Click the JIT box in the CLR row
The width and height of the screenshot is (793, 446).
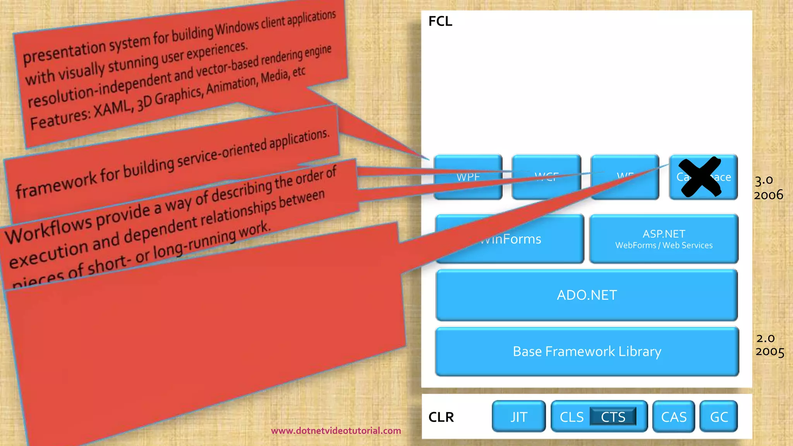(x=518, y=417)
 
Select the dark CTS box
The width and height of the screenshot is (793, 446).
(x=613, y=417)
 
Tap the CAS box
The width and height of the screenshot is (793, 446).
(x=674, y=417)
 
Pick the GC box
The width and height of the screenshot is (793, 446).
(x=719, y=417)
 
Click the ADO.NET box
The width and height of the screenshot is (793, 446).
(x=587, y=295)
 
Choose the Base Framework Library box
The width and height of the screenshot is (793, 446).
(x=587, y=352)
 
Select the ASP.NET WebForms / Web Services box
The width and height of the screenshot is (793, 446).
(x=664, y=239)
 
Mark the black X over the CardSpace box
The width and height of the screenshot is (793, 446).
(x=700, y=177)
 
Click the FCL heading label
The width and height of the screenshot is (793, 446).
(x=440, y=21)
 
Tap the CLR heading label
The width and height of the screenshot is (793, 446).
(x=441, y=417)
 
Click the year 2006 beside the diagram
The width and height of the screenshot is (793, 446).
(x=768, y=195)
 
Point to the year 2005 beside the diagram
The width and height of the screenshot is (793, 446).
(x=770, y=352)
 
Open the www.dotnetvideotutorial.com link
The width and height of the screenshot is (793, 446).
(x=336, y=431)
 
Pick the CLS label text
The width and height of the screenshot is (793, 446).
(x=572, y=417)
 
